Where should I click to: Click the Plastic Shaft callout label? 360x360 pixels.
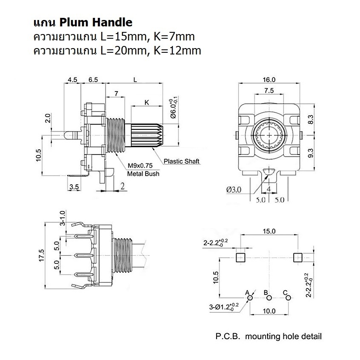(182, 161)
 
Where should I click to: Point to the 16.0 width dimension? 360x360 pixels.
(269, 80)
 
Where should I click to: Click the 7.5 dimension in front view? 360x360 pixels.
(269, 90)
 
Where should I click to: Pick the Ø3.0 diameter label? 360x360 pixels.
(234, 189)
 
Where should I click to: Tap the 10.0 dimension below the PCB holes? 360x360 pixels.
(269, 311)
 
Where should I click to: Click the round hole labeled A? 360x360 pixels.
(250, 298)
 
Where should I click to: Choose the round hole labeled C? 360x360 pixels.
(288, 298)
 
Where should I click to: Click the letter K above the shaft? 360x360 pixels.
(147, 103)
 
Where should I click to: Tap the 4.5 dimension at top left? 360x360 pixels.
(72, 80)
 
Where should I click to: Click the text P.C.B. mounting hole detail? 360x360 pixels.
(268, 336)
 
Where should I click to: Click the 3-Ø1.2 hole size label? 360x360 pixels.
(224, 307)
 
